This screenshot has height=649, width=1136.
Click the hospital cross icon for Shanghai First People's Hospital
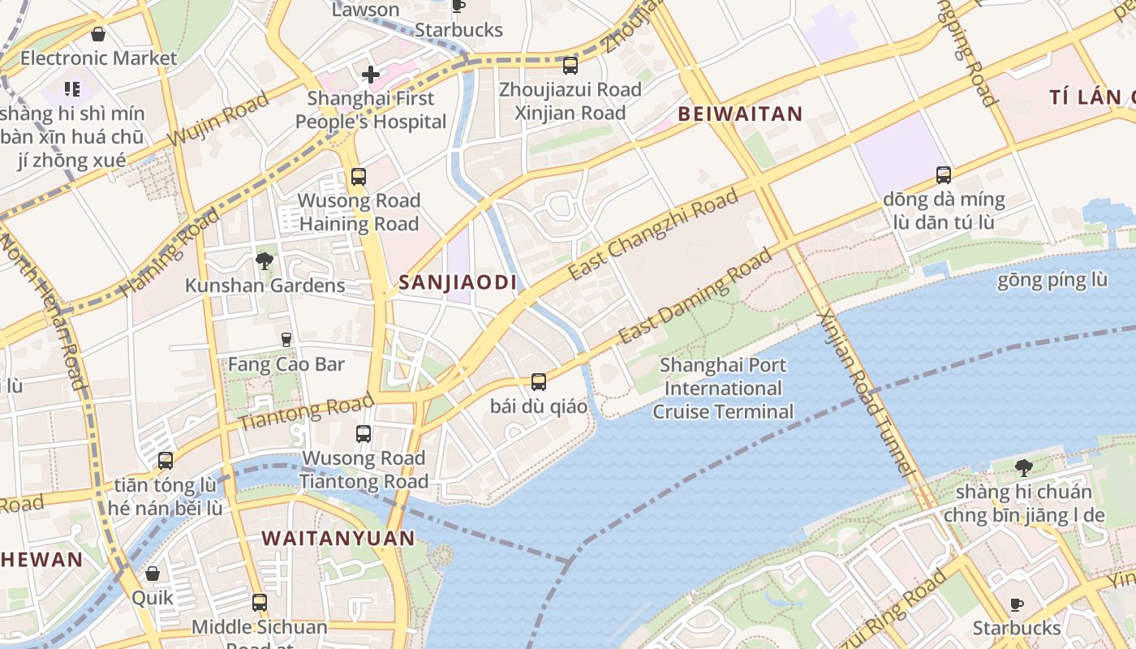(371, 75)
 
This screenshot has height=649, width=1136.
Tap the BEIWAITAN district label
(740, 114)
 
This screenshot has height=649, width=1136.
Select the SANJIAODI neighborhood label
(458, 282)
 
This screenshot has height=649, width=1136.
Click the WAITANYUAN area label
(338, 538)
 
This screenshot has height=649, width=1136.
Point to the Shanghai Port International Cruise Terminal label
(723, 389)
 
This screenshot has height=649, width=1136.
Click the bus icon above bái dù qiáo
(538, 381)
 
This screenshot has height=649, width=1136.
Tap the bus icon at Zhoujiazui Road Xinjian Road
(570, 66)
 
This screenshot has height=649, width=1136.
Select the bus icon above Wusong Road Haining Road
(358, 176)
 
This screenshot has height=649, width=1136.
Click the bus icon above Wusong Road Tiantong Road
(364, 434)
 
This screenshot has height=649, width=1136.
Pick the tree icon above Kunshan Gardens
(264, 260)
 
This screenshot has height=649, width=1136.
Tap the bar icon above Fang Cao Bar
(286, 339)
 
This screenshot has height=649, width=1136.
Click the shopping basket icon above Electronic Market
(98, 34)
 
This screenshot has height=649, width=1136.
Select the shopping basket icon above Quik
(153, 574)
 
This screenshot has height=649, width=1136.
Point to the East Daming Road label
(695, 296)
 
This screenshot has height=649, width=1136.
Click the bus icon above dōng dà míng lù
(944, 174)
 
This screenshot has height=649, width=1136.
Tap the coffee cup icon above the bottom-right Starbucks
(1017, 604)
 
